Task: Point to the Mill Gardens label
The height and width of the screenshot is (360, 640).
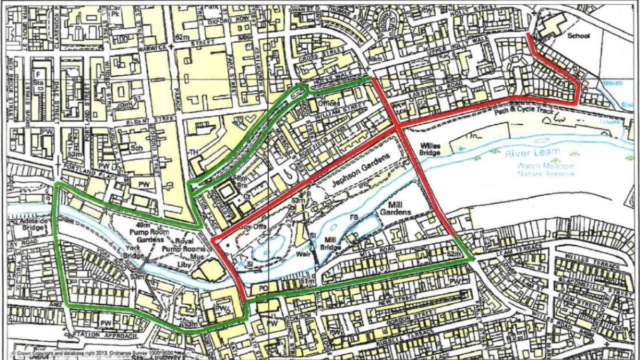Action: click(x=395, y=207)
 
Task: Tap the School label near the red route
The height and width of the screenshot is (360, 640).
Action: click(x=578, y=36)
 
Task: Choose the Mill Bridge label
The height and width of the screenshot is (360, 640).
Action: click(x=329, y=244)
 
